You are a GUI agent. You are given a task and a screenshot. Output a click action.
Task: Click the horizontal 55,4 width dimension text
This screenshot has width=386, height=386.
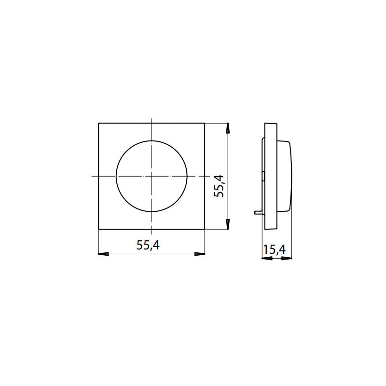click(148, 245)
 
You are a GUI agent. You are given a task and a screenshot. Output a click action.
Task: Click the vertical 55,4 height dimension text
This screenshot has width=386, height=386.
click(220, 185)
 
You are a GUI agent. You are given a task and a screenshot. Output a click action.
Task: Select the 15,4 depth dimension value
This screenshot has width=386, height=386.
click(275, 250)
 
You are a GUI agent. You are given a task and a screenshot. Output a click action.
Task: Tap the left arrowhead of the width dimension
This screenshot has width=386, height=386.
click(102, 253)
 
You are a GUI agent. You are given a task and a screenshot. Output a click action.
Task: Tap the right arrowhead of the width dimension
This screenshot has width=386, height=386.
click(201, 253)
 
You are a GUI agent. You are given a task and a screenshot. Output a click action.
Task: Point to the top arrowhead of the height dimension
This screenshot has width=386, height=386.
click(227, 127)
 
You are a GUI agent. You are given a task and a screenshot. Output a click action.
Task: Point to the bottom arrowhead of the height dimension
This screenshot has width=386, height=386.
click(227, 225)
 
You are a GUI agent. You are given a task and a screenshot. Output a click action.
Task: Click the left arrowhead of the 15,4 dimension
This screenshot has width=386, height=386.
click(265, 258)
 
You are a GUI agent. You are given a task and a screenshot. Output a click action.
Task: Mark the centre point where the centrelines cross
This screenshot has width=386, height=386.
click(152, 176)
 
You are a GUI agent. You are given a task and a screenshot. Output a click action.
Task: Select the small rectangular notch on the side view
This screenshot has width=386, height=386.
click(263, 176)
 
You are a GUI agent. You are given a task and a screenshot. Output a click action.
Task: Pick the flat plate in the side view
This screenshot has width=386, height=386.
click(271, 176)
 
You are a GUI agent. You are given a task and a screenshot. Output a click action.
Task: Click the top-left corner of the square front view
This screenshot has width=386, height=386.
click(98, 124)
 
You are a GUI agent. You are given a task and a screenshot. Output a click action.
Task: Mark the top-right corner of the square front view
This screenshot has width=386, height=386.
click(205, 124)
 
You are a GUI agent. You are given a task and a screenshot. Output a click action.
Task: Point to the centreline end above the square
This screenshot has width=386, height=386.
click(152, 118)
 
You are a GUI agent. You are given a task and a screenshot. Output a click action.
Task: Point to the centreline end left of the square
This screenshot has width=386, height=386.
click(92, 176)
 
